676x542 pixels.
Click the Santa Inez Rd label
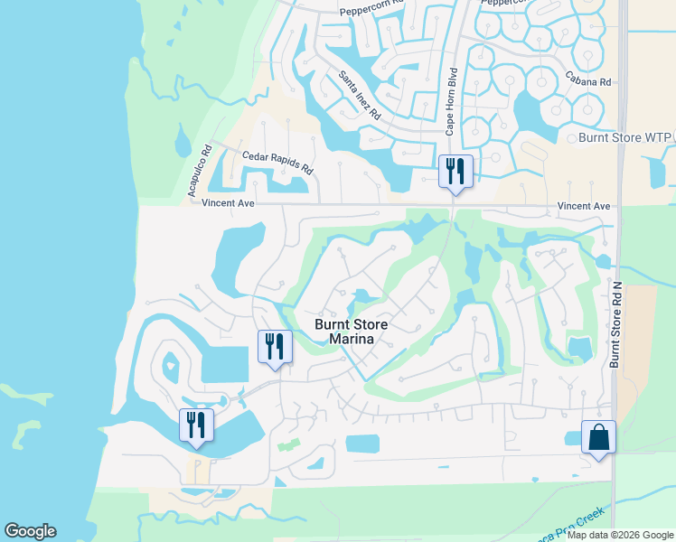[x=360, y=97]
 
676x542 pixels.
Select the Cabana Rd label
[x=588, y=81]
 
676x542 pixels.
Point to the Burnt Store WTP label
[x=620, y=138]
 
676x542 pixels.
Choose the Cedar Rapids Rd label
[x=277, y=163]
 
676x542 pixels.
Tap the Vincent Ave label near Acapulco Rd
[x=228, y=204]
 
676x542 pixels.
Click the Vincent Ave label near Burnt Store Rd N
[x=584, y=207]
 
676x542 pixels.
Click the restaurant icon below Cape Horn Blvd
[x=455, y=172]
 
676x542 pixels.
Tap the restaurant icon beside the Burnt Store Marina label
[x=273, y=347]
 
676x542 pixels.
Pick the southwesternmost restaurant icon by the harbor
[x=196, y=425]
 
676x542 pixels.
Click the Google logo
[x=30, y=531]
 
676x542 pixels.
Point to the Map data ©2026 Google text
[x=620, y=535]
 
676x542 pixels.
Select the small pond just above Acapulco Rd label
[x=183, y=142]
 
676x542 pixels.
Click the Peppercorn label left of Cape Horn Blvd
[x=371, y=11]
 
